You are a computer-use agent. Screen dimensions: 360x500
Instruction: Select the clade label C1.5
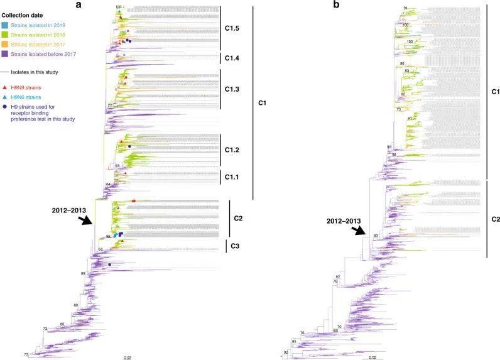coord(232,29)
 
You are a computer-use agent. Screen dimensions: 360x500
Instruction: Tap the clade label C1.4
coord(232,58)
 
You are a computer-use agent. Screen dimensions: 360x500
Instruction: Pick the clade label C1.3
coord(232,90)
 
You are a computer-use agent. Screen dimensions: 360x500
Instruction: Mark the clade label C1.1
coord(232,178)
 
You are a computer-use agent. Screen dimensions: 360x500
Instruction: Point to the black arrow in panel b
coord(360,231)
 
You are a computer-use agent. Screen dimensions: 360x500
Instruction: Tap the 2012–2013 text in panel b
coord(339,222)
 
